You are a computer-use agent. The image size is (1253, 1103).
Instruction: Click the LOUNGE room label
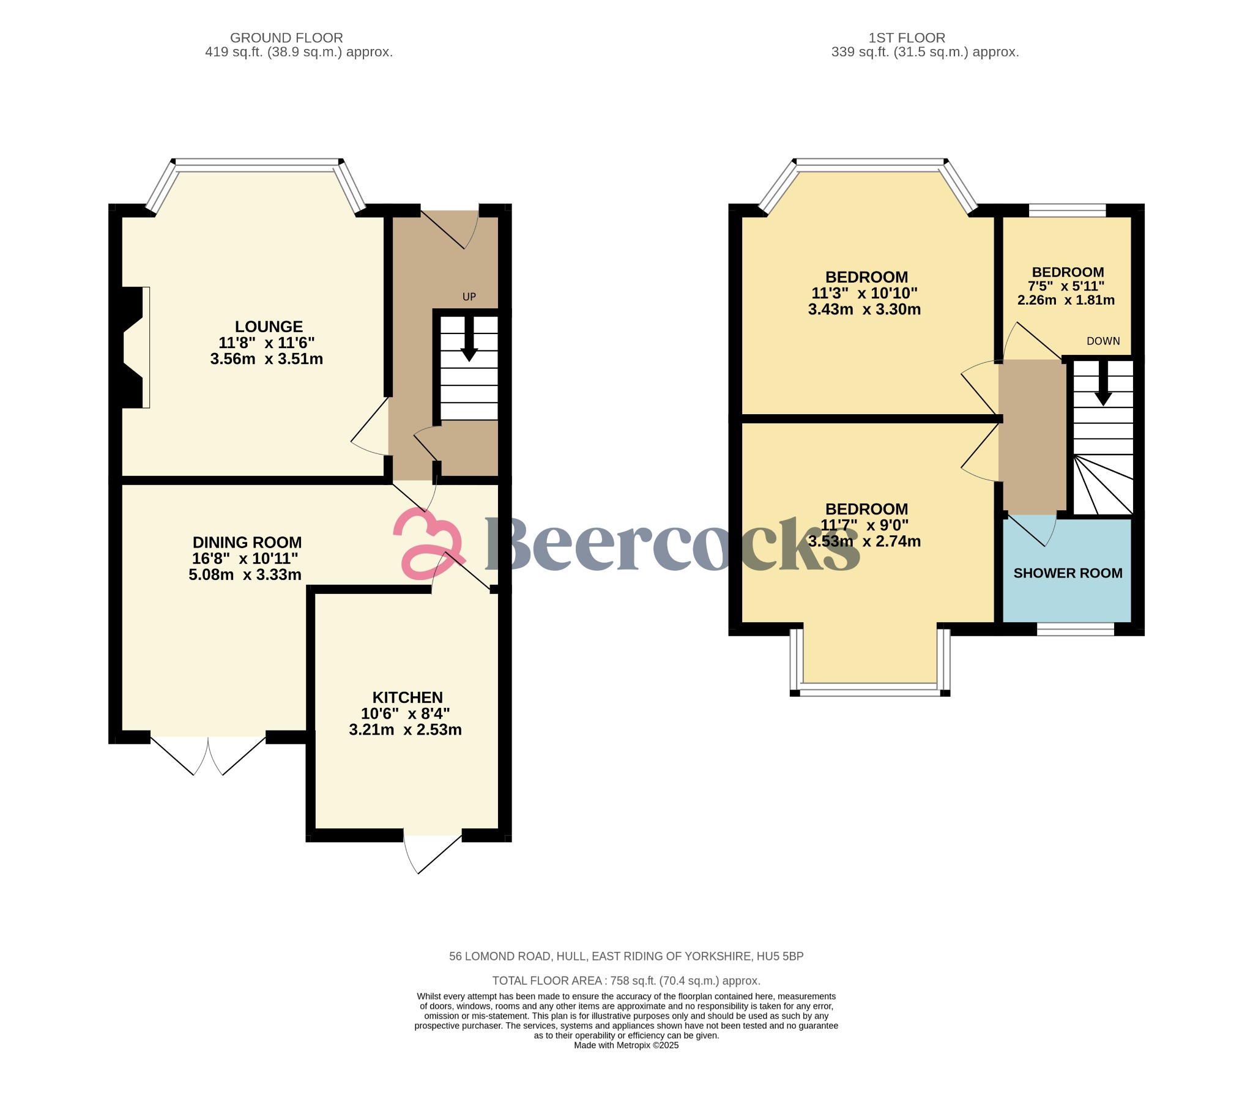[269, 327]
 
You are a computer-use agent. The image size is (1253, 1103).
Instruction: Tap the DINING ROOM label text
[247, 543]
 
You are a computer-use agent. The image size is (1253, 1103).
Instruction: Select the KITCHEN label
[407, 698]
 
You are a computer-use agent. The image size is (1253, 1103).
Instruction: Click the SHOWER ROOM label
[1068, 573]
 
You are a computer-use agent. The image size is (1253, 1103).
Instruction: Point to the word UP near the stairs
[469, 297]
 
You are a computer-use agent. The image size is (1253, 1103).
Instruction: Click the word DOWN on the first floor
[1103, 341]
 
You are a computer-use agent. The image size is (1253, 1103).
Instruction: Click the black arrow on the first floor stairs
[1103, 385]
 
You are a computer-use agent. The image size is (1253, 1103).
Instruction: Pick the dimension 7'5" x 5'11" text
[1066, 286]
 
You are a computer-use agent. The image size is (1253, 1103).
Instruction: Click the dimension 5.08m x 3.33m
[245, 575]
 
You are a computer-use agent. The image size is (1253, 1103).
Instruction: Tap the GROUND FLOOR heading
[286, 38]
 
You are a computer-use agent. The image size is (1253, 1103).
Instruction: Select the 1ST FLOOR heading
[907, 38]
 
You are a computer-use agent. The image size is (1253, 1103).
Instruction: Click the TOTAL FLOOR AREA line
[626, 981]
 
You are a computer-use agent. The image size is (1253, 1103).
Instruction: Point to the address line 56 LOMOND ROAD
[626, 956]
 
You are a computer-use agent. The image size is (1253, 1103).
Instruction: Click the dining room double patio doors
[209, 754]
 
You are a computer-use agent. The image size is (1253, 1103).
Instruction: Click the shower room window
[1075, 628]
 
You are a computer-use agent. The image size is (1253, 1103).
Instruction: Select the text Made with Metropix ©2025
[626, 1045]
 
